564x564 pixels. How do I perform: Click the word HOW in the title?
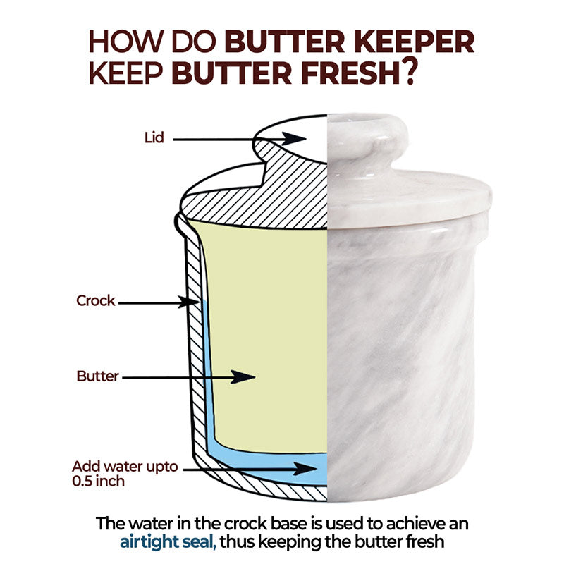point(121,43)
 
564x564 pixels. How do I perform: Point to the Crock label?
point(95,301)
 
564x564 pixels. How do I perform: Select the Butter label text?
point(97,376)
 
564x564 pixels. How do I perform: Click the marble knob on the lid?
point(367,137)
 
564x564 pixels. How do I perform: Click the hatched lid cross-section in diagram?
point(282,183)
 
